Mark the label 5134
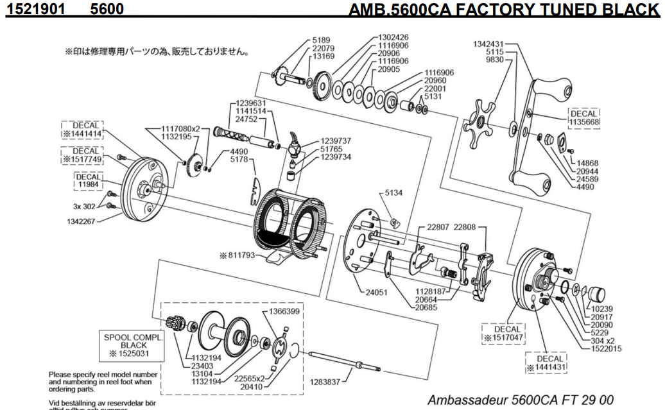click(x=395, y=192)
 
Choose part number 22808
click(x=466, y=226)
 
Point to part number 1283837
click(x=326, y=382)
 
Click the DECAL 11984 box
click(x=90, y=179)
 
